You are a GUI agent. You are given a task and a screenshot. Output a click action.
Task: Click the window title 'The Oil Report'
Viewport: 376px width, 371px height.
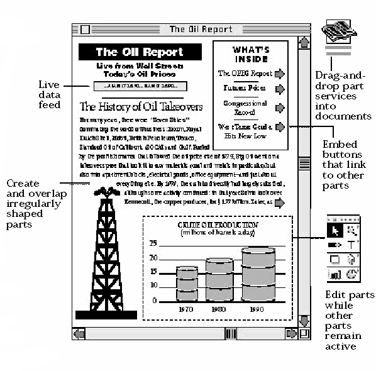point(201,30)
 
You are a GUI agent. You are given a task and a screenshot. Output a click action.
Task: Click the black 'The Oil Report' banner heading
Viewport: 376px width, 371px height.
point(140,52)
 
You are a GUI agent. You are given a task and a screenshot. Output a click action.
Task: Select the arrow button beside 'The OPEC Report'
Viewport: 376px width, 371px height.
point(279,74)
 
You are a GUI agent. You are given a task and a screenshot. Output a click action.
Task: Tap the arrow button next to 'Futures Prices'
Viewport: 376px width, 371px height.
point(279,89)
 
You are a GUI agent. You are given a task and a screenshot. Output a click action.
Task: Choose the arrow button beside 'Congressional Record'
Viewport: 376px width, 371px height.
point(279,108)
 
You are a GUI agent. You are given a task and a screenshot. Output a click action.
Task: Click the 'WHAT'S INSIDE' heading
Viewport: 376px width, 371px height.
point(251,53)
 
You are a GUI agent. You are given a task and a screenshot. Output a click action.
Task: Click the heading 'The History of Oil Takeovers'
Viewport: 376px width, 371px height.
point(141,106)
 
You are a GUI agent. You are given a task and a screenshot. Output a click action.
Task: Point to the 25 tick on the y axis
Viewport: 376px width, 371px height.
point(153,243)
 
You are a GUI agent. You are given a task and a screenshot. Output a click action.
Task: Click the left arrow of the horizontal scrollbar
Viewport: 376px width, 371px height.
point(79,333)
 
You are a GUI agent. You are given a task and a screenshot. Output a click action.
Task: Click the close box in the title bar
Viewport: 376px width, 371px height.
point(85,30)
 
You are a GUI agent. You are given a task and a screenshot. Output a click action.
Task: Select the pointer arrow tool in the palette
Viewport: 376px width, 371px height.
point(335,231)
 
